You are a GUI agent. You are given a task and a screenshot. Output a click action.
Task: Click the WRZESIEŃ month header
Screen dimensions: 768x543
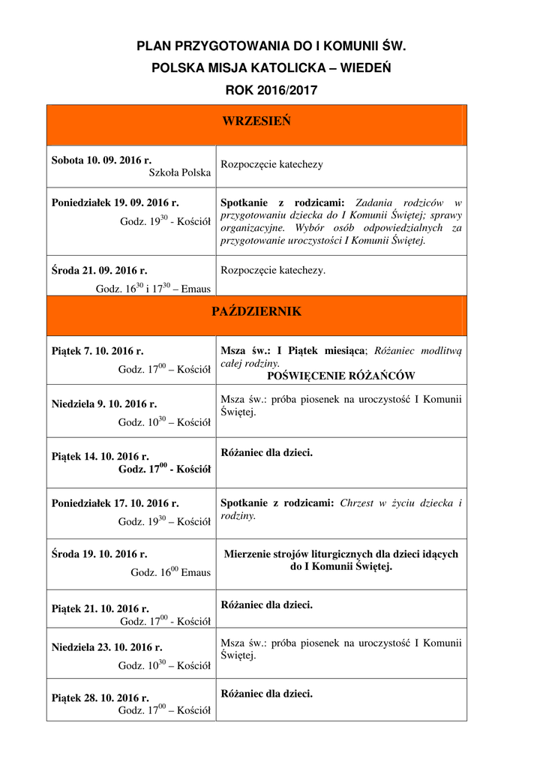(256, 122)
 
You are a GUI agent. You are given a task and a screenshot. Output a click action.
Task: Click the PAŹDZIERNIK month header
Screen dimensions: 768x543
(256, 312)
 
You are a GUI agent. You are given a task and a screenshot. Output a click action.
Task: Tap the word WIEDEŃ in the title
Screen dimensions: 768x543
(365, 68)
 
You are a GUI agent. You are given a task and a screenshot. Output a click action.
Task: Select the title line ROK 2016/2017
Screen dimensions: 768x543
(271, 90)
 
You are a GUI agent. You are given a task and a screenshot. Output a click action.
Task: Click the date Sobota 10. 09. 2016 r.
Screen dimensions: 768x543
(101, 160)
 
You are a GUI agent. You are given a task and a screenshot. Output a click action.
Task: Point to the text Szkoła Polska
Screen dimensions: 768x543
(180, 173)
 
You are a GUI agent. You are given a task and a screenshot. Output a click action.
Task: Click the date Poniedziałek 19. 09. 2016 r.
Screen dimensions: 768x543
(115, 202)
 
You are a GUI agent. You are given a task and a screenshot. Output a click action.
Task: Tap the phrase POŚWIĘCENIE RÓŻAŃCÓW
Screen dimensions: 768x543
(341, 376)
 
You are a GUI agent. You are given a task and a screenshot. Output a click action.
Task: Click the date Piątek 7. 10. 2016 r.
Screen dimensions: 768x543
(97, 350)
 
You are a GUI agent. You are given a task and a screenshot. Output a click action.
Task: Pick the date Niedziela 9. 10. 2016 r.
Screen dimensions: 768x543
(104, 403)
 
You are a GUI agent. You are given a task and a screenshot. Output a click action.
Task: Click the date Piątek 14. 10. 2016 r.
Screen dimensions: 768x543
(100, 456)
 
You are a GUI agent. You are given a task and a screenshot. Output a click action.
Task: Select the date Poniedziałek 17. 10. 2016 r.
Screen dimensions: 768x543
(115, 503)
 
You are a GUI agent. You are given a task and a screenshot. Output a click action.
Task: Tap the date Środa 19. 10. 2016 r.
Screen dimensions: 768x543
(99, 554)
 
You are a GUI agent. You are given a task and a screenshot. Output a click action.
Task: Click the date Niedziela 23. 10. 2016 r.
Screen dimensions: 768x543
(106, 647)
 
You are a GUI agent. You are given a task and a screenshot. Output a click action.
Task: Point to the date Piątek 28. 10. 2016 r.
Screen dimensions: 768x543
(100, 698)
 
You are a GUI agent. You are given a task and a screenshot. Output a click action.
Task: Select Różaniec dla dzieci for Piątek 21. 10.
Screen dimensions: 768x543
(267, 604)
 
